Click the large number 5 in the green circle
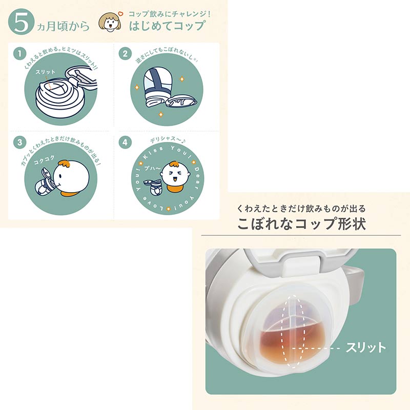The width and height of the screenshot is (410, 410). [20, 23]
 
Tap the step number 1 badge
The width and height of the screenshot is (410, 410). [19, 54]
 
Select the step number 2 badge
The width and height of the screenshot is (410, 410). [125, 54]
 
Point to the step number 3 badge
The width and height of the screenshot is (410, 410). [19, 142]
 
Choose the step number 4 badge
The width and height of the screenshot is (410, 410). [125, 142]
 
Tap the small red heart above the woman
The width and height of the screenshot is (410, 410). [120, 13]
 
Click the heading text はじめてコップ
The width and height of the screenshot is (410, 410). [167, 26]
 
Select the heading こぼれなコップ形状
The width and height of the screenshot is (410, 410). [301, 223]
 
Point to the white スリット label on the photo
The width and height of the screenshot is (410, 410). [366, 347]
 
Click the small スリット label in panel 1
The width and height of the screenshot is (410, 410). [46, 72]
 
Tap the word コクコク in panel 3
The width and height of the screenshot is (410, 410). [44, 160]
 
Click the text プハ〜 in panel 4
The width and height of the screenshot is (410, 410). [152, 169]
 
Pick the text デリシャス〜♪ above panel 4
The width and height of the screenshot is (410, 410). [168, 139]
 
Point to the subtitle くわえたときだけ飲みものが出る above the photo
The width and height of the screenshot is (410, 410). [301, 209]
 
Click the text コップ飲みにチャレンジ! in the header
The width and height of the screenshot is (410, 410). [170, 14]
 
